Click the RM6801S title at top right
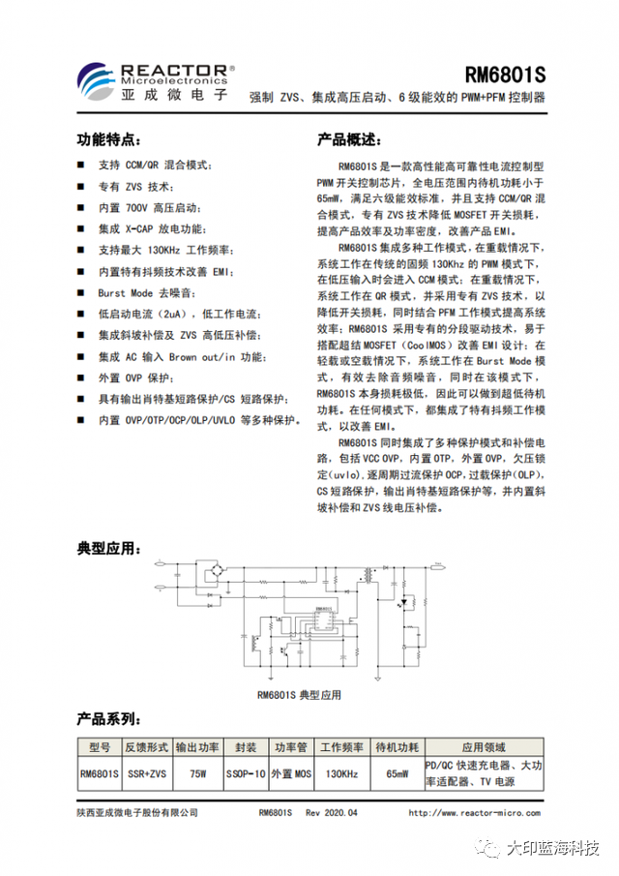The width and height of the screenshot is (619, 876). click(x=506, y=76)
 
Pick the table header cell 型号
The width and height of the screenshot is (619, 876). click(x=100, y=748)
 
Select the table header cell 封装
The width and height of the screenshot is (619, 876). click(x=246, y=748)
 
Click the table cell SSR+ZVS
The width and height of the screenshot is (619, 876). click(x=147, y=773)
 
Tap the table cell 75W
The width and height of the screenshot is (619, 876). click(x=198, y=773)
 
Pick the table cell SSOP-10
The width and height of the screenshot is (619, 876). click(x=246, y=773)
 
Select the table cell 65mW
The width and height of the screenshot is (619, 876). click(x=397, y=773)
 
